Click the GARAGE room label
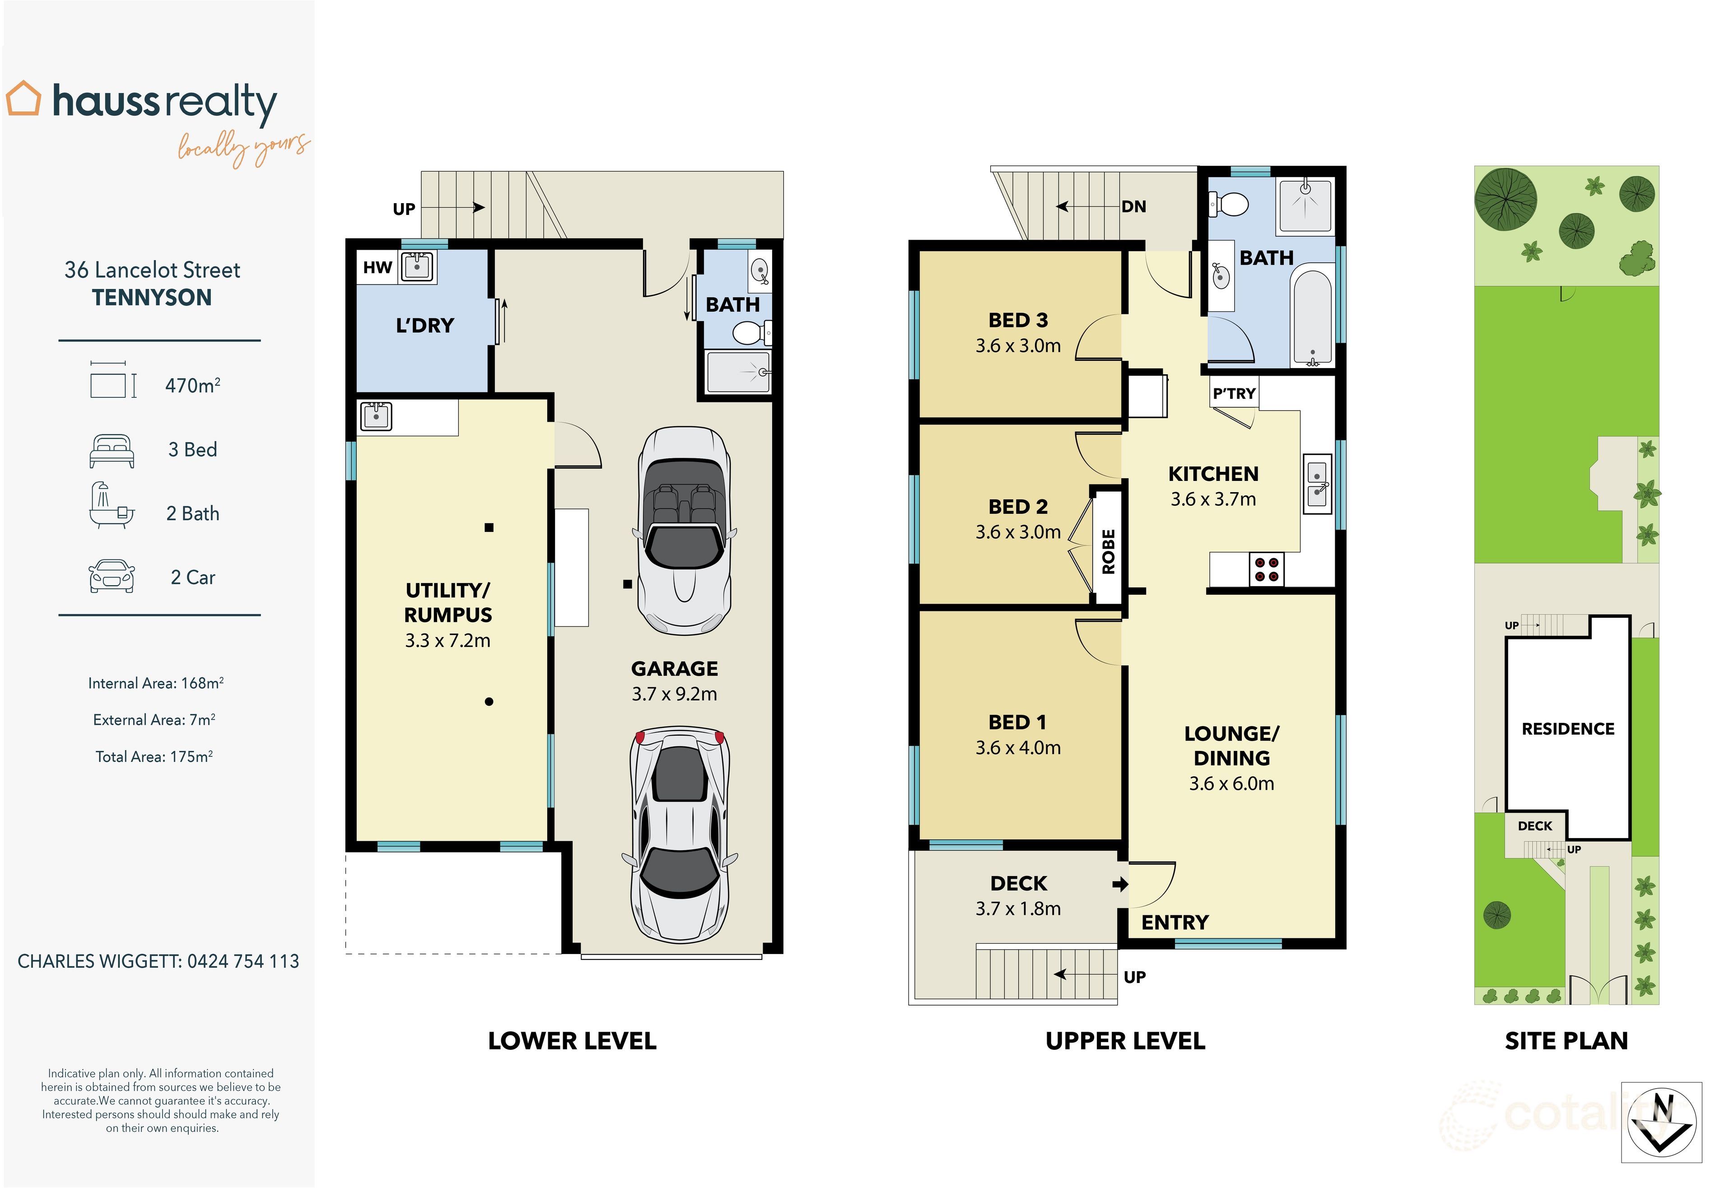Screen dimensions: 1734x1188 (x=675, y=669)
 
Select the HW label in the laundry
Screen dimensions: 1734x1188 (x=378, y=267)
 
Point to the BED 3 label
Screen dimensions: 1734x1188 (x=1018, y=320)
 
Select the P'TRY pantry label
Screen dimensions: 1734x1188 (x=1234, y=393)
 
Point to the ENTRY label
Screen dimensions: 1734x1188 (x=1175, y=922)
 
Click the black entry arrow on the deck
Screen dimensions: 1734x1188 (x=1120, y=884)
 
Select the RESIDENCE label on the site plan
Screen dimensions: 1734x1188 (x=1568, y=728)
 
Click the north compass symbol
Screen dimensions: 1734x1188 (x=1662, y=1123)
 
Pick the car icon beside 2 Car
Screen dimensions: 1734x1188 (x=112, y=576)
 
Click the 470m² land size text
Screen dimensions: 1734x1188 (x=192, y=385)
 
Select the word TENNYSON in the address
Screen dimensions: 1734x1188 (x=152, y=298)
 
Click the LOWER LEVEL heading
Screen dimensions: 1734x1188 (x=572, y=1041)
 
